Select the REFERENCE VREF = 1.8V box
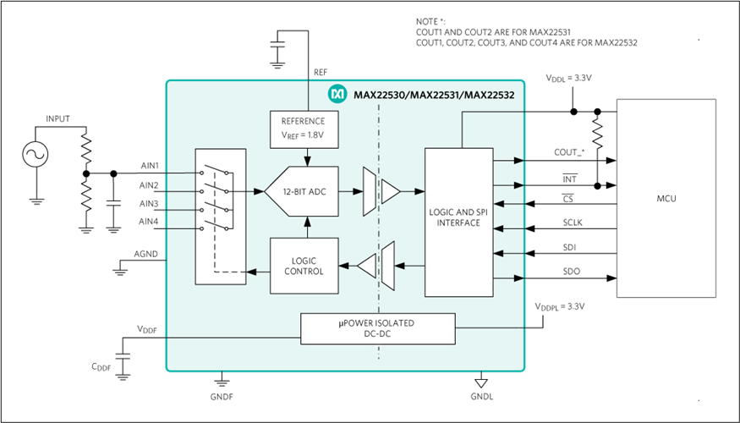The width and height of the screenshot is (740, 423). click(303, 127)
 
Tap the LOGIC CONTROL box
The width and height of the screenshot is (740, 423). click(304, 266)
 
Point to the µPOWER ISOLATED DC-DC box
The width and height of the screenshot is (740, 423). click(378, 328)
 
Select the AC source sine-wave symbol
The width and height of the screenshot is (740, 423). click(36, 154)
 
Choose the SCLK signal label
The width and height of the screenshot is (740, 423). click(572, 222)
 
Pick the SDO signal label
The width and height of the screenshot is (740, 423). click(572, 272)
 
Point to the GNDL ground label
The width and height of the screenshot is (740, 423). click(482, 397)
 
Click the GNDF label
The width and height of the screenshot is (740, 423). click(222, 395)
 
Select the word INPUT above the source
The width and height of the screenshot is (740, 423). click(58, 119)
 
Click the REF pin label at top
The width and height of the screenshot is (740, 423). click(321, 73)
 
